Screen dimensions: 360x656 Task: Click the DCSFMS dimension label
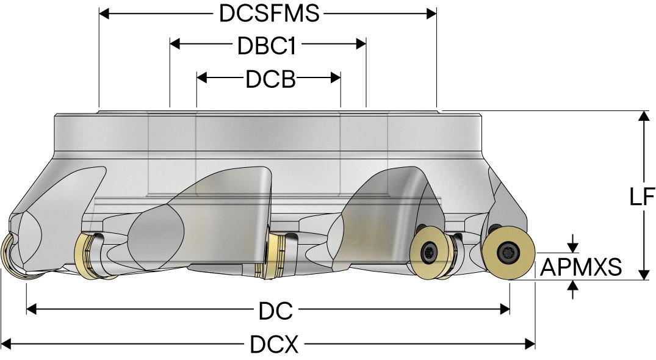pyautogui.click(x=269, y=13)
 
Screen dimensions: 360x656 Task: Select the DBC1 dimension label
pyautogui.click(x=267, y=45)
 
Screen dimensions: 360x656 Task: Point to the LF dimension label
pyautogui.click(x=642, y=197)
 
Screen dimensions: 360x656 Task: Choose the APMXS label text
pyautogui.click(x=581, y=267)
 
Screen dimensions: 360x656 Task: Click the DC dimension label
pyautogui.click(x=275, y=311)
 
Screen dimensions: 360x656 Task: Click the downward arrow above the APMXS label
pyautogui.click(x=572, y=247)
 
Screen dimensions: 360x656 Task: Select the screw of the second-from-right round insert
pyautogui.click(x=430, y=250)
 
